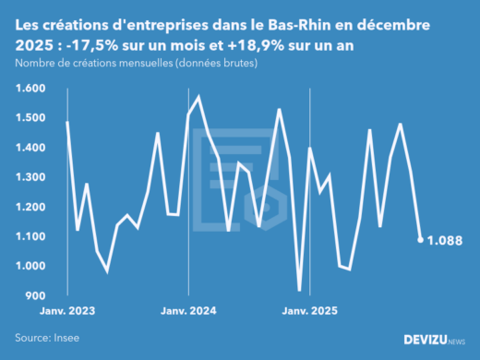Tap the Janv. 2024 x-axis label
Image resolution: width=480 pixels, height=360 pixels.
188,312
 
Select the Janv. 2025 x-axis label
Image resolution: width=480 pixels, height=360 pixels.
309,312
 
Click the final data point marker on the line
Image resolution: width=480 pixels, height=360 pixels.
421,240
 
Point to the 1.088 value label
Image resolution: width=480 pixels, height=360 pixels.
447,240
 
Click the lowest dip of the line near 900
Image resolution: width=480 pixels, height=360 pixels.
299,290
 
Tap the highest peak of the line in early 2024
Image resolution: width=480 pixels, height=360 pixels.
198,96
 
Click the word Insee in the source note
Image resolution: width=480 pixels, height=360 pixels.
65,339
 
